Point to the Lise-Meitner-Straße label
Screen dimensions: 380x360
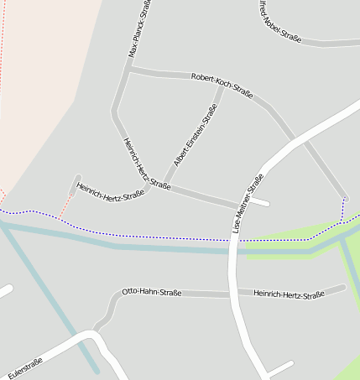pyautogui.click(x=248, y=202)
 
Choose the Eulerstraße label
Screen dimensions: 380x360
pyautogui.click(x=24, y=367)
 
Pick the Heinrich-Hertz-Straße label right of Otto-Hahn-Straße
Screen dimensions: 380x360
pyautogui.click(x=289, y=294)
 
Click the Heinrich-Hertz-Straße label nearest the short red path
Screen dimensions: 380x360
pyautogui.click(x=110, y=193)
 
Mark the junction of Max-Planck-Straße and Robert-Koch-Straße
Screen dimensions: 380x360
pyautogui.click(x=129, y=69)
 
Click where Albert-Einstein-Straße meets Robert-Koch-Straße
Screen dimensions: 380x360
pyautogui.click(x=222, y=86)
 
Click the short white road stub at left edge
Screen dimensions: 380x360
pyautogui.click(x=5, y=291)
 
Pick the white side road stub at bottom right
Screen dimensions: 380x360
pyautogui.click(x=279, y=368)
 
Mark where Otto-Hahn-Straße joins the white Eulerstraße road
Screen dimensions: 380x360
pyautogui.click(x=95, y=331)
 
